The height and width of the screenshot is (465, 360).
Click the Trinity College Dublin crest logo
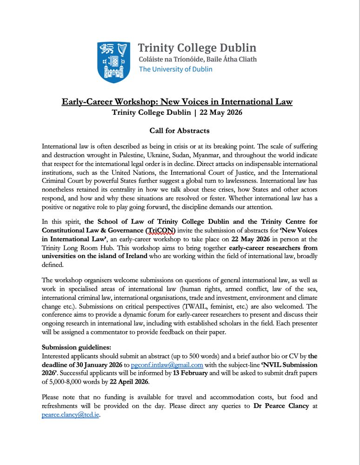pyautogui.click(x=114, y=62)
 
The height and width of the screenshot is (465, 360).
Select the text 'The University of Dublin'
pyautogui.click(x=176, y=69)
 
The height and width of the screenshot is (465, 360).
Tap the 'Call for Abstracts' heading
pyautogui.click(x=180, y=131)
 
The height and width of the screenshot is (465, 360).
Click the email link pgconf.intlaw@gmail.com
pyautogui.click(x=167, y=365)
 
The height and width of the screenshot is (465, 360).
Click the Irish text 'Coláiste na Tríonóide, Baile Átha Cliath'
pyautogui.click(x=198, y=60)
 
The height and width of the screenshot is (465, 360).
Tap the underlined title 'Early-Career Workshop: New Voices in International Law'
pyautogui.click(x=177, y=102)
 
